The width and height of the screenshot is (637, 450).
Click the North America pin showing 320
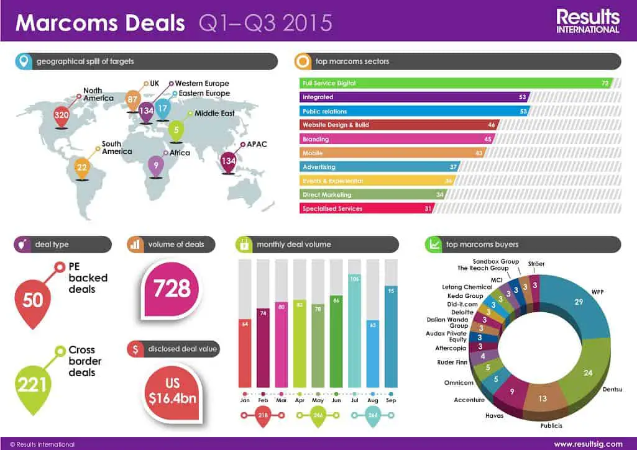click(x=61, y=115)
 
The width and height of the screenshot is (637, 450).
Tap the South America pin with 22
click(x=82, y=167)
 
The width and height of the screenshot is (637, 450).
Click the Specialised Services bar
click(x=366, y=209)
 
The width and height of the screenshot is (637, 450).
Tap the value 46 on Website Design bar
click(x=492, y=125)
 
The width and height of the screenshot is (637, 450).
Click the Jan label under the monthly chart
click(x=245, y=401)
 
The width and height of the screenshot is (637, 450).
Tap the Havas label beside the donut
click(x=494, y=415)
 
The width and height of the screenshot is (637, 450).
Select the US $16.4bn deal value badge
click(x=172, y=390)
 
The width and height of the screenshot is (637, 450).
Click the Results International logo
click(x=588, y=20)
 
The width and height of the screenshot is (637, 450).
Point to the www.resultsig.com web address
click(x=588, y=444)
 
